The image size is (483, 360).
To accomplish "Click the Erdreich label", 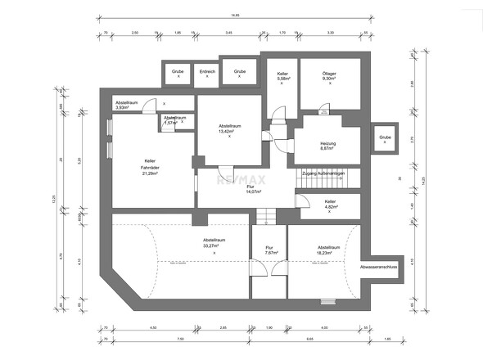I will click(208, 72).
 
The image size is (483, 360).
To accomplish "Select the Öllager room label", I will click(329, 75).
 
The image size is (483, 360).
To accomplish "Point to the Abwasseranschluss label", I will click(378, 267).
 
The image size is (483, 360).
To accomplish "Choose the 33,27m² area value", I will click(214, 245).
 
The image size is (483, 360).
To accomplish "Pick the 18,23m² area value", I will click(328, 251).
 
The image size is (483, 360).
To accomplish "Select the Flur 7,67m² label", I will click(269, 250).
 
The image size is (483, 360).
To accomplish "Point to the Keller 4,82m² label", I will click(330, 204).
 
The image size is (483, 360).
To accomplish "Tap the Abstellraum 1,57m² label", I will click(174, 120).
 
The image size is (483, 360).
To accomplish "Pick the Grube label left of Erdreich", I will click(178, 72).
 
